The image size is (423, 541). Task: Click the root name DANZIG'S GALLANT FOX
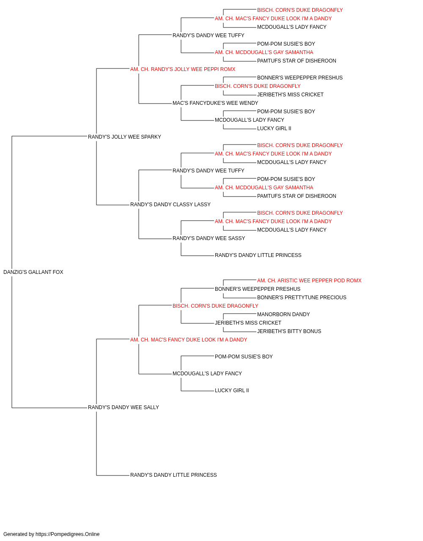point(33,272)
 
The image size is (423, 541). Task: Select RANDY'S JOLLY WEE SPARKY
point(124,137)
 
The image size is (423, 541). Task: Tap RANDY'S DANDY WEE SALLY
point(124,407)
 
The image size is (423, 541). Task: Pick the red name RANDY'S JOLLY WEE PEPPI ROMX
point(183,69)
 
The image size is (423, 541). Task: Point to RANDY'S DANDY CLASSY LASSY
point(170,205)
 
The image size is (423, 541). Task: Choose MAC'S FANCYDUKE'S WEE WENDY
point(215,103)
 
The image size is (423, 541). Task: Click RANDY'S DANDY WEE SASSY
point(209,238)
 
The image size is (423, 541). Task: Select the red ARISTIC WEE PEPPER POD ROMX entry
point(309,281)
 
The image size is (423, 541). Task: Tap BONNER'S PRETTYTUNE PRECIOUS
point(302,298)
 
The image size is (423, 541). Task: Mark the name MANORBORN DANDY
point(283,314)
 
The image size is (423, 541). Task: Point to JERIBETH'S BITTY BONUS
point(289,331)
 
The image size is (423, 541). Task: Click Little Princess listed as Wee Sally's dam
point(173,475)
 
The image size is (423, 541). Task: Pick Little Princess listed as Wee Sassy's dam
point(258,255)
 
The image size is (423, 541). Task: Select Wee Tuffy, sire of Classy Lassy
point(208,171)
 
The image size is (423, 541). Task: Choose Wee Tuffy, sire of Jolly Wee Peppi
point(208,36)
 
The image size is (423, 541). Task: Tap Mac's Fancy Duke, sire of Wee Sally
point(189,340)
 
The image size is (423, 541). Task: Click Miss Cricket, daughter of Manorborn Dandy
point(248,323)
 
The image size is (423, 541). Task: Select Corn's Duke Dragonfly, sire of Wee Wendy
point(258,86)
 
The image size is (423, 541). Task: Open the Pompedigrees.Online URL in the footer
point(68,534)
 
